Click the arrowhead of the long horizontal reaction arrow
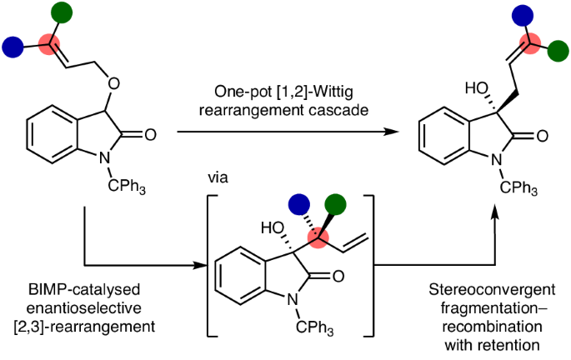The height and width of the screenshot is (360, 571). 390,132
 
